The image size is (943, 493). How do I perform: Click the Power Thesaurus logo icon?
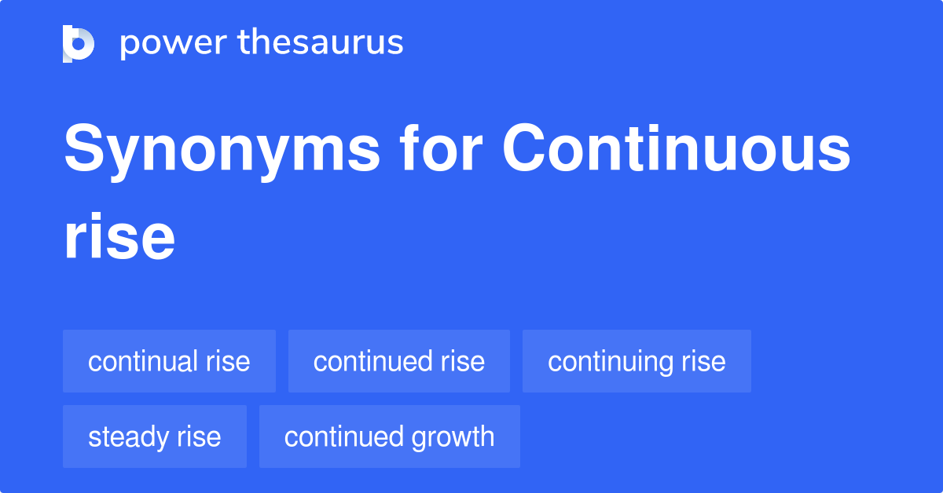[x=79, y=43]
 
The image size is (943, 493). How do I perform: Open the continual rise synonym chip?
[x=169, y=361]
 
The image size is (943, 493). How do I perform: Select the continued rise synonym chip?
[x=398, y=361]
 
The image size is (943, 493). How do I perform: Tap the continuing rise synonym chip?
[x=637, y=361]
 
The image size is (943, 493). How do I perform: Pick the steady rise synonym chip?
[x=154, y=436]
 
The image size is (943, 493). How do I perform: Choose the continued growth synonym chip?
[x=389, y=436]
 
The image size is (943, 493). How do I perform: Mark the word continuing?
[x=605, y=362]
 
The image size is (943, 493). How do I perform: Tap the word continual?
[x=143, y=361]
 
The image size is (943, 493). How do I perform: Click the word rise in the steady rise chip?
[x=200, y=436]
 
